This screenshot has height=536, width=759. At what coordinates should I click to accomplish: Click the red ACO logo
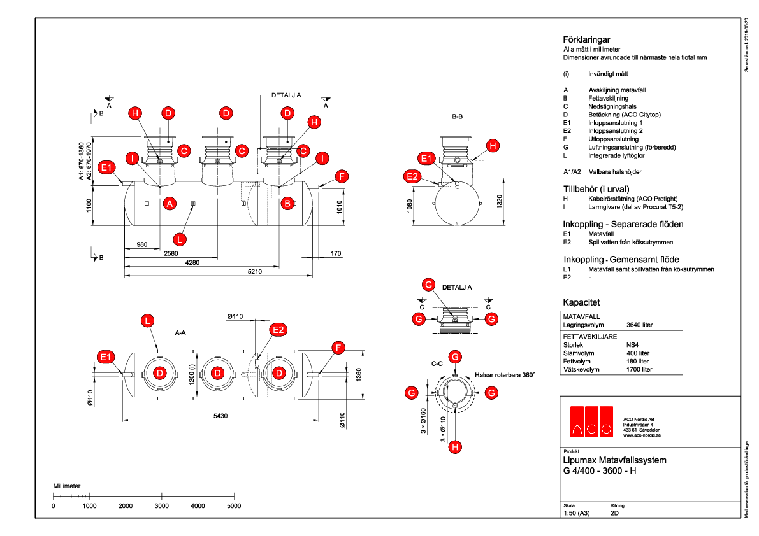coord(591,421)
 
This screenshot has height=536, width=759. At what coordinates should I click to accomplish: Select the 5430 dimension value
coord(220,416)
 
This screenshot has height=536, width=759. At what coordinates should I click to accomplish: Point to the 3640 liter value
coord(640,325)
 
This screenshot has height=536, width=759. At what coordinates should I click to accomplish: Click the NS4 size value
coord(633,344)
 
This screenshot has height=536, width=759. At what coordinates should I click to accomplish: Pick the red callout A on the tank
coord(170,204)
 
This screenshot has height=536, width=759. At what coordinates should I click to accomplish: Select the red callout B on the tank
coord(287,204)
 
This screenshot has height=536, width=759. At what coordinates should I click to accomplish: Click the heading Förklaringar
coord(582,39)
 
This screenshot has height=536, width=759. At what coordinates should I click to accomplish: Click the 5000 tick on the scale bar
coord(235,505)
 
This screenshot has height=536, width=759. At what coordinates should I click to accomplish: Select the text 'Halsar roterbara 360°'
coord(505,375)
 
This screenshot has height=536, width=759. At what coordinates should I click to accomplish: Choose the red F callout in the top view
coord(338,348)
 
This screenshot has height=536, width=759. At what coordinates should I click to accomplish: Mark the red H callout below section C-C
coord(455,448)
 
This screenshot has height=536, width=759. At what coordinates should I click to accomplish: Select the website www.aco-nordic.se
coord(641,436)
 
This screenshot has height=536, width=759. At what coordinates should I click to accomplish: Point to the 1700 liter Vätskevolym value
coord(640,369)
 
